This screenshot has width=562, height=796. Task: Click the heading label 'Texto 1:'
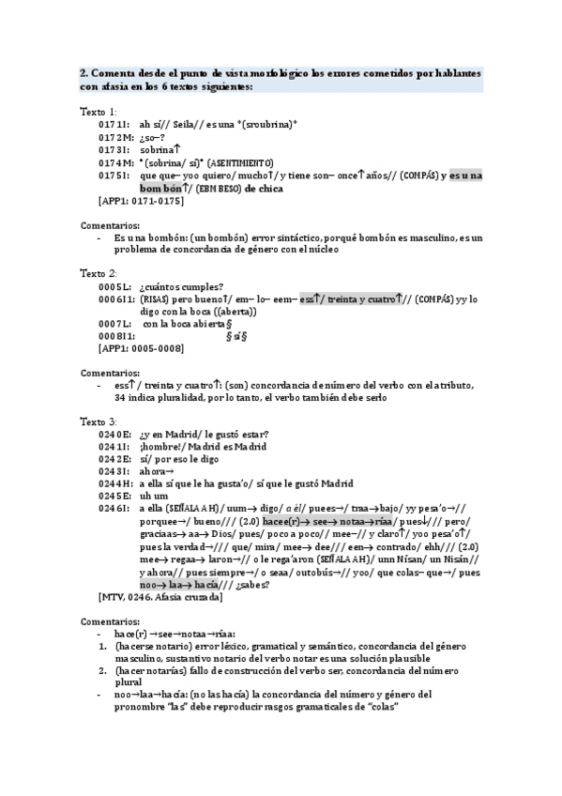(x=99, y=111)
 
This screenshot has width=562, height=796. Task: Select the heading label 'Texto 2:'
(x=99, y=272)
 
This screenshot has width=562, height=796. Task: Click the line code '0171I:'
(x=114, y=124)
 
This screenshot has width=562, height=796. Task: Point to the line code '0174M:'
(x=114, y=162)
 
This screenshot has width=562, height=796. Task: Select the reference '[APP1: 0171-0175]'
(x=141, y=200)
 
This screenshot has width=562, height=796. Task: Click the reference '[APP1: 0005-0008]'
(x=141, y=348)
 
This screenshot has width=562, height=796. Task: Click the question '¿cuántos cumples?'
(x=181, y=286)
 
